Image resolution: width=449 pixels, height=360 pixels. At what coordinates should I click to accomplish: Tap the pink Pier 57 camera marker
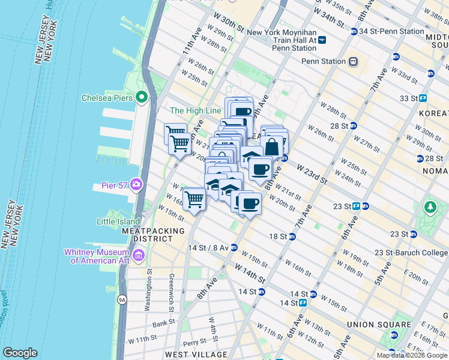[137, 184]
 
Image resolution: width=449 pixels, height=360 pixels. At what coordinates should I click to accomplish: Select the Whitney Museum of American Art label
[100, 256]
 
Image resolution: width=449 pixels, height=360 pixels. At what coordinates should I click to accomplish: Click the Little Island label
[118, 221]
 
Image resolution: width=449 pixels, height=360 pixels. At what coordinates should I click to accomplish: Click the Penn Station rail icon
[354, 61]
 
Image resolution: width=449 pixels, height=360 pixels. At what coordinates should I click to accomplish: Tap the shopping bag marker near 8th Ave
[272, 146]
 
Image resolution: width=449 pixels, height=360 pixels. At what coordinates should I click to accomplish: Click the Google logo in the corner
[20, 353]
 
